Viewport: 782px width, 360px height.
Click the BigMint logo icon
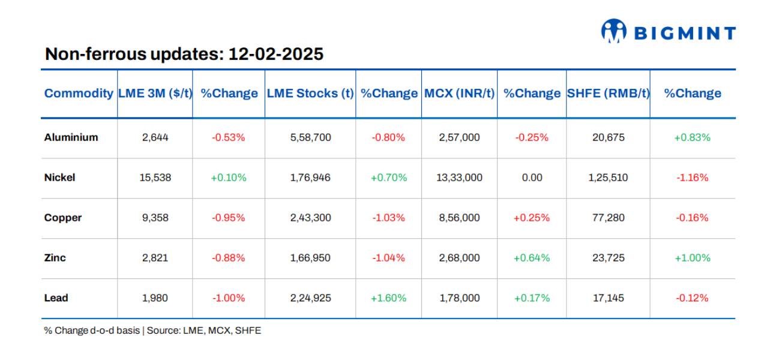click(x=613, y=31)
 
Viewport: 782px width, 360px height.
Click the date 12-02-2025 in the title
click(x=275, y=54)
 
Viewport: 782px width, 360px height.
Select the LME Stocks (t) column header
click(x=310, y=94)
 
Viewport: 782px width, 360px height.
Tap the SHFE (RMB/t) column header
click(x=607, y=94)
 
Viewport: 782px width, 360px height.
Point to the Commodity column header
click(x=79, y=94)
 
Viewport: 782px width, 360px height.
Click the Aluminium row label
click(x=71, y=137)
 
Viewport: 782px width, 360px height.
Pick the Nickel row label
click(x=59, y=178)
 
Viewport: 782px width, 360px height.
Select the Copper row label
click(x=63, y=218)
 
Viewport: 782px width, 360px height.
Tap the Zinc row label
click(x=55, y=258)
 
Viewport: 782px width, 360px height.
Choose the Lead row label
click(x=56, y=298)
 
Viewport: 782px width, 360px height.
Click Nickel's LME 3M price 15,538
click(x=155, y=178)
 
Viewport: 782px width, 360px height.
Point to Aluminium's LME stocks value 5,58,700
click(x=310, y=137)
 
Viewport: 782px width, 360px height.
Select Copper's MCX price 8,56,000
click(x=459, y=218)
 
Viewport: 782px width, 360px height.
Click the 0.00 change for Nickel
click(x=531, y=178)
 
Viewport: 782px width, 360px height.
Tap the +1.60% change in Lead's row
click(x=388, y=298)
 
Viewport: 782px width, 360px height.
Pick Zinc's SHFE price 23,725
click(x=608, y=258)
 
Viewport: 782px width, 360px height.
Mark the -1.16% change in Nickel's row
click(x=692, y=178)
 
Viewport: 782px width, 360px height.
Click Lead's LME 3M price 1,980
click(x=155, y=298)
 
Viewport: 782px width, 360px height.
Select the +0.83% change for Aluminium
click(x=692, y=137)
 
